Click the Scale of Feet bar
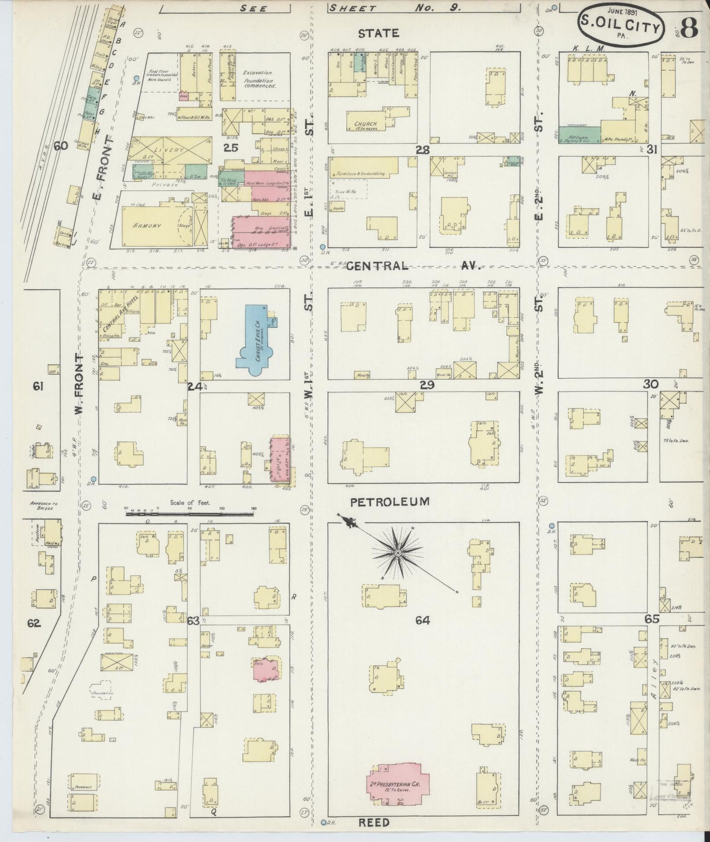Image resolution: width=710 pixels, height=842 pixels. click(190, 513)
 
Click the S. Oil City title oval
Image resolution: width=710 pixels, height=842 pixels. click(621, 26)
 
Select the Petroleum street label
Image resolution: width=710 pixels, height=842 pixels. click(390, 502)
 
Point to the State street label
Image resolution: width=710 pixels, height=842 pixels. click(378, 33)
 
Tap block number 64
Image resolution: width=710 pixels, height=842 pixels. click(422, 620)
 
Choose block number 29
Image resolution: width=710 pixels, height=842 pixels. click(427, 385)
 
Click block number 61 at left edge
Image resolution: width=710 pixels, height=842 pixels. click(38, 387)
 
